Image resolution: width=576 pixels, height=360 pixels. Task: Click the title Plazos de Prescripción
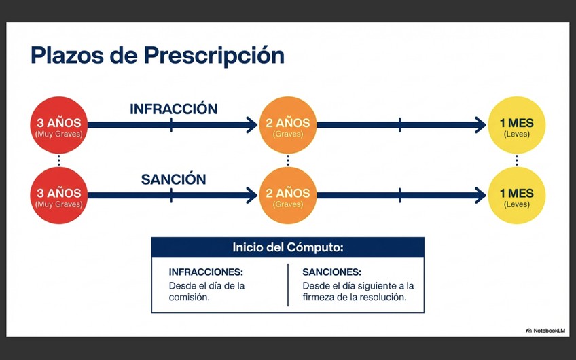[157, 55]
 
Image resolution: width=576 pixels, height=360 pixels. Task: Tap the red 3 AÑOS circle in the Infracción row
[59, 125]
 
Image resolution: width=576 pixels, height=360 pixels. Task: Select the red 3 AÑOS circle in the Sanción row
[59, 196]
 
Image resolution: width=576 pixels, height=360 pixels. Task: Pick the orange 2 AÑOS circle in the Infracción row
[288, 125]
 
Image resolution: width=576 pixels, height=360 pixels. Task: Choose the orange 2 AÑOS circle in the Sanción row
[288, 196]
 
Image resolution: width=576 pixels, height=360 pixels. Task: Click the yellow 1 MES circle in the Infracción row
[517, 125]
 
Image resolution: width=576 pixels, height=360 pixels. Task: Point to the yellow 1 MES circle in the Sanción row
[517, 196]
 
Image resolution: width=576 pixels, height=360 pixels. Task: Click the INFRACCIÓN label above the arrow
[173, 109]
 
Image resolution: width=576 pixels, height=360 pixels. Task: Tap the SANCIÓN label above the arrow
[173, 179]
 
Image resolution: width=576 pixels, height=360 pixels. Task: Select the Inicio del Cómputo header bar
[287, 247]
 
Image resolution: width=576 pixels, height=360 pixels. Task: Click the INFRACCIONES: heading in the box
[206, 272]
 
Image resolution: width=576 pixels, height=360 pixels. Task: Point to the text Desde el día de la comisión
[206, 291]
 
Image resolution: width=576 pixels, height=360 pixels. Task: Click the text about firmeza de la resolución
[358, 291]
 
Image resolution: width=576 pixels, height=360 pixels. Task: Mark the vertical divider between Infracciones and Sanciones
[287, 285]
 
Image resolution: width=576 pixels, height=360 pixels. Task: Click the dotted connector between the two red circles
[59, 160]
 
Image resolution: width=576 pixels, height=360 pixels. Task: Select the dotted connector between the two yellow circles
[517, 160]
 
